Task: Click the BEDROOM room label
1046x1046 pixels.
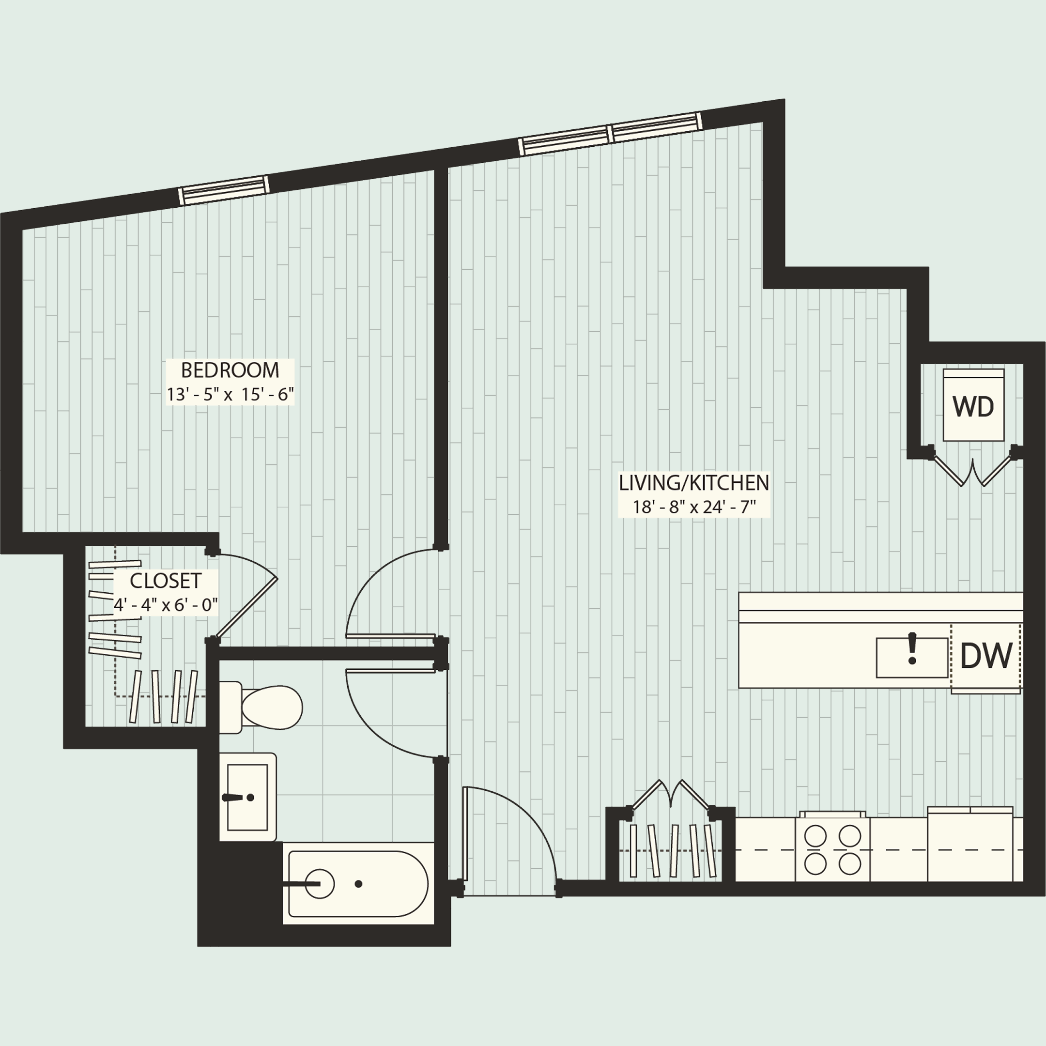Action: tap(230, 370)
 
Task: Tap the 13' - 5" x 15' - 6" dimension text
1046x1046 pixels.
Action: tap(230, 395)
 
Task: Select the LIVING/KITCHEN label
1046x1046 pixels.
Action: tap(693, 483)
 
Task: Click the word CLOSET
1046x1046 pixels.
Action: tap(165, 581)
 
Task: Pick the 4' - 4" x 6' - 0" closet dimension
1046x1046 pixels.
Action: tap(165, 605)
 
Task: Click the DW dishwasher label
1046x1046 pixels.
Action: tap(985, 656)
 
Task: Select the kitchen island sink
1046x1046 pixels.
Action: tap(912, 657)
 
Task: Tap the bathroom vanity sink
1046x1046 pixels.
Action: tap(247, 797)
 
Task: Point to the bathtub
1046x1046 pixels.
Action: tap(357, 884)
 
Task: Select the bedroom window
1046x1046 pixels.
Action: tap(224, 189)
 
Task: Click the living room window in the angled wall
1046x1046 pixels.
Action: tap(610, 134)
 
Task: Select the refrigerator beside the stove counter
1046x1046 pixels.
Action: tap(969, 849)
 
